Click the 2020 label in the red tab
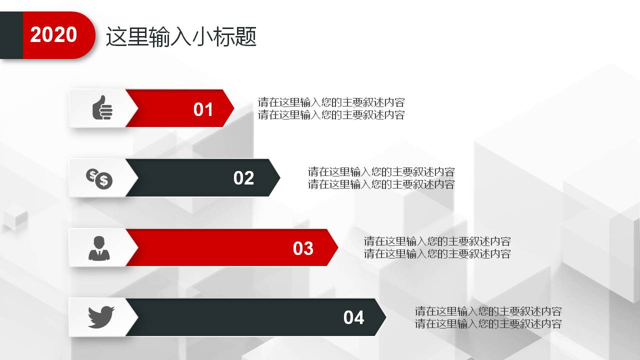pos(53,35)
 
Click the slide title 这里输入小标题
pos(181,37)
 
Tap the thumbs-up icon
pos(102,107)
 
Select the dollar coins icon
pos(99,178)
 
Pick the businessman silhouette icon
pos(99,248)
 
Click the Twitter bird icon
pos(101,317)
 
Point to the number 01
pos(203,109)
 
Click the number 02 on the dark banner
pos(243,178)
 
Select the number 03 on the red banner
pos(303,248)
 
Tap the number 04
pos(353,317)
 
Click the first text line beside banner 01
pos(331,102)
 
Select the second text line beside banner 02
pos(381,184)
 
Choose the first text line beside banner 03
pos(437,241)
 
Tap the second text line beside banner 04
pos(488,323)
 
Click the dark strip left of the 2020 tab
pos(11,35)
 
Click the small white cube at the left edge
pos(15,218)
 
